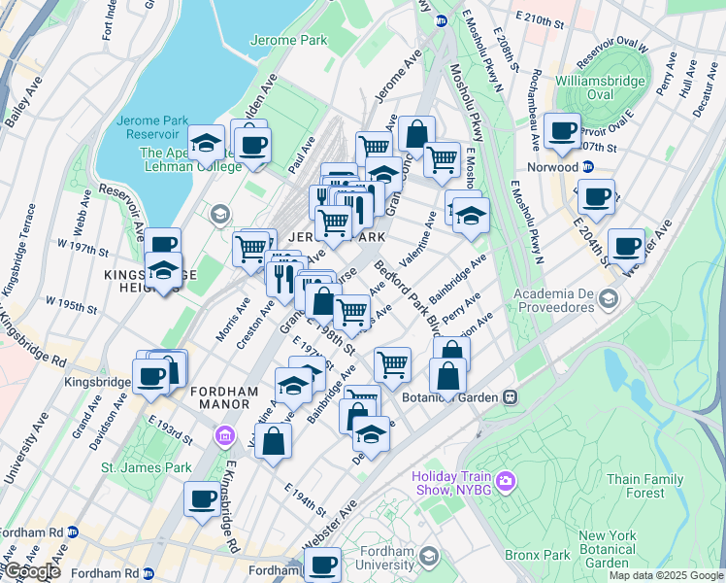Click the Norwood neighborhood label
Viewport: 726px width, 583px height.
pyautogui.click(x=552, y=166)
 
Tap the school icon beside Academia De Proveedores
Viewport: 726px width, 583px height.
pyautogui.click(x=609, y=297)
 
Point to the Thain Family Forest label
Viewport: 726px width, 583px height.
pyautogui.click(x=650, y=486)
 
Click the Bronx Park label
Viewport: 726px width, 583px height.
pyautogui.click(x=529, y=555)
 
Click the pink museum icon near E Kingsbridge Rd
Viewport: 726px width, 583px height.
pyautogui.click(x=225, y=432)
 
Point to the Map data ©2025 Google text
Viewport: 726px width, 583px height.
pyautogui.click(x=665, y=575)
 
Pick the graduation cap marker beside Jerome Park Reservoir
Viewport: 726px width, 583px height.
pyautogui.click(x=206, y=144)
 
